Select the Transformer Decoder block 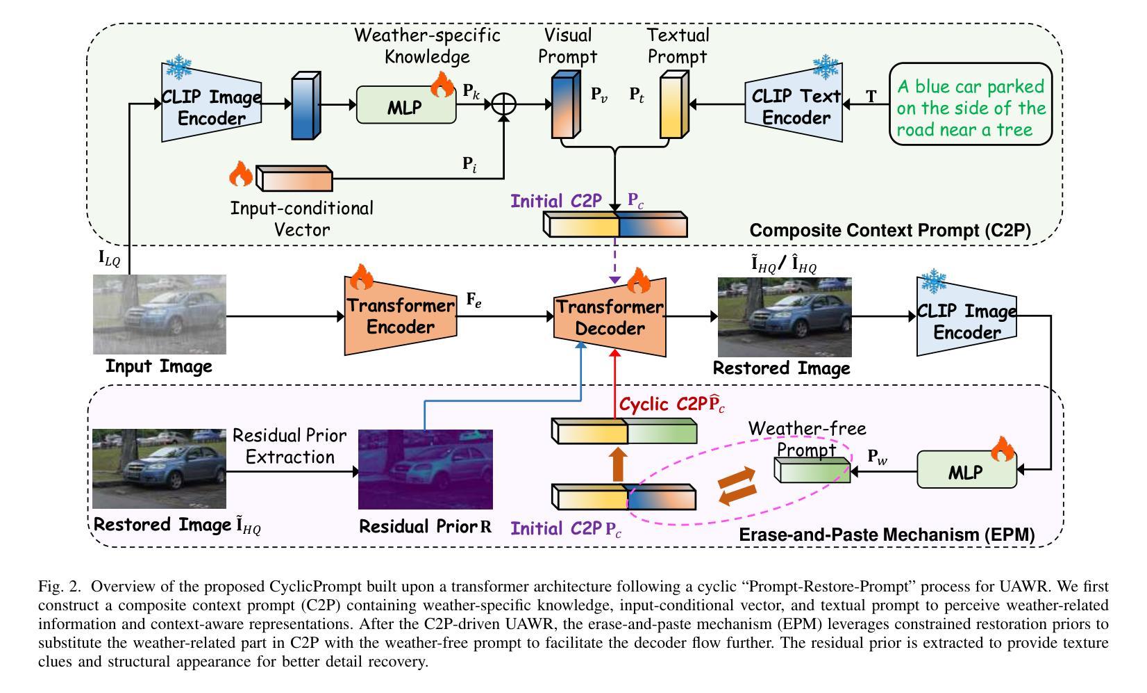point(610,318)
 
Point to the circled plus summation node point(504,105)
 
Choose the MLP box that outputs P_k point(405,106)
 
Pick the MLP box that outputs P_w point(966,471)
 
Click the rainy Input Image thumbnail point(160,314)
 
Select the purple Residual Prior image point(425,469)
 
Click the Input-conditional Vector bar point(294,179)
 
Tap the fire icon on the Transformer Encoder point(361,277)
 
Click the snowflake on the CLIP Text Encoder point(826,68)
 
